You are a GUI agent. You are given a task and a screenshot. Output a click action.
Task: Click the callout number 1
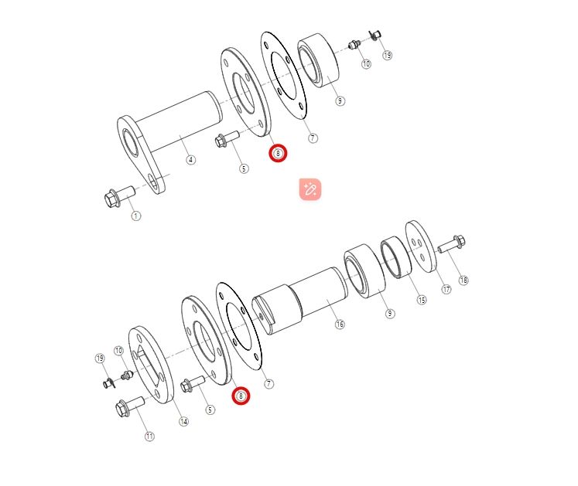tap(136, 216)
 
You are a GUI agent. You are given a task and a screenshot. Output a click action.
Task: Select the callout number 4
tap(190, 160)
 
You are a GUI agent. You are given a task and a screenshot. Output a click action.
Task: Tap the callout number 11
tap(149, 437)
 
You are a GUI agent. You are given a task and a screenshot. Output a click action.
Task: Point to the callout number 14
tap(183, 421)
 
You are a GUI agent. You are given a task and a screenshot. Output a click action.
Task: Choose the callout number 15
tap(422, 300)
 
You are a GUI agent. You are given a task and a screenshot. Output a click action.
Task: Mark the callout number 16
tap(340, 324)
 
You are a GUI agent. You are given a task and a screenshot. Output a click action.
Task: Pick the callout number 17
tap(446, 289)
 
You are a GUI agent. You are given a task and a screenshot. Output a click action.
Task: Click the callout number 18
tap(463, 280)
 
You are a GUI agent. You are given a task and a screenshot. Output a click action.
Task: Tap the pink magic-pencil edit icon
tap(310, 189)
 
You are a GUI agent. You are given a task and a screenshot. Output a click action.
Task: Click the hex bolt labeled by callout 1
tap(120, 196)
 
